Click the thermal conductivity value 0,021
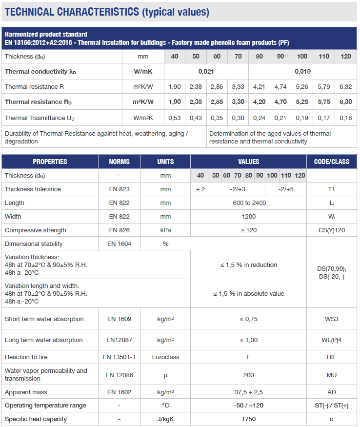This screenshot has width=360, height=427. (206, 72)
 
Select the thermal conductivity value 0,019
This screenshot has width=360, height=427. (302, 72)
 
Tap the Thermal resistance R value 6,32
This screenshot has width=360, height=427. (345, 87)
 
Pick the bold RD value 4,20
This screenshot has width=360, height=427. (259, 102)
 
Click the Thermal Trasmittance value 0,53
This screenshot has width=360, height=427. (175, 118)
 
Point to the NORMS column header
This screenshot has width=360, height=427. (120, 162)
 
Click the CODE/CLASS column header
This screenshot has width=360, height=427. (332, 162)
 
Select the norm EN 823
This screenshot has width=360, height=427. (120, 189)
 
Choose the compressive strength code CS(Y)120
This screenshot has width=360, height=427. (332, 230)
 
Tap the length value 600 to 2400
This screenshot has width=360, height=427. (249, 203)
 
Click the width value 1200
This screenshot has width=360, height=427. (249, 216)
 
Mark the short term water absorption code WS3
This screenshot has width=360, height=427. (332, 319)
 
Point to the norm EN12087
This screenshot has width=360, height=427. (120, 340)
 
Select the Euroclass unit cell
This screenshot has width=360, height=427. (165, 357)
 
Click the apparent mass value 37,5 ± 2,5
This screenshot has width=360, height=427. (249, 392)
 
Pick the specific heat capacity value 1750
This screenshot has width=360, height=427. (249, 419)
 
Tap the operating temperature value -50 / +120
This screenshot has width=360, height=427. (249, 406)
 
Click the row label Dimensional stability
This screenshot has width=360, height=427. (34, 244)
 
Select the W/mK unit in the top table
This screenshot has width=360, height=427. (143, 72)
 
